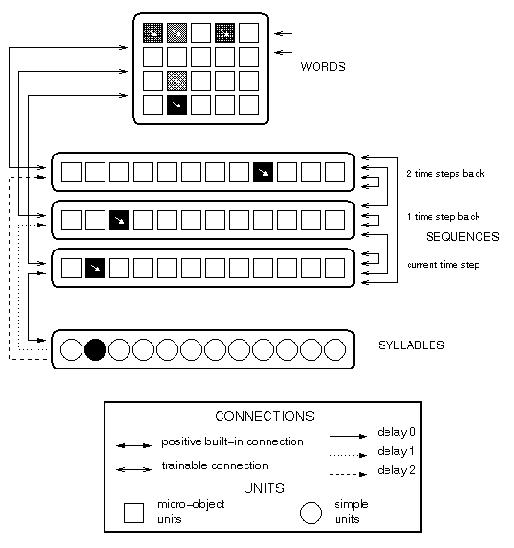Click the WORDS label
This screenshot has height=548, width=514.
click(323, 67)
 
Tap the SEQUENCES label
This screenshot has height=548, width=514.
click(462, 237)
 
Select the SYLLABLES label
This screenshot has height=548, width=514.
click(411, 345)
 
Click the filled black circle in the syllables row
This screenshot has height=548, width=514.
click(95, 349)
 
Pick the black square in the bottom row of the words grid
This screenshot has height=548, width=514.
click(176, 105)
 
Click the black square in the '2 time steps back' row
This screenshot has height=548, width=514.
click(264, 173)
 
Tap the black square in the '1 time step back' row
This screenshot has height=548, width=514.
click(120, 220)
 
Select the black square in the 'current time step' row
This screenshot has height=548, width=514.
click(95, 268)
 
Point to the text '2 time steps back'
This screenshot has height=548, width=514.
click(445, 174)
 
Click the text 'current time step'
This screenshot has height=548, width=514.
click(443, 265)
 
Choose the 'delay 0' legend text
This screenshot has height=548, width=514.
click(396, 432)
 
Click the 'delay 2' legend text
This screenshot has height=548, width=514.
click(396, 470)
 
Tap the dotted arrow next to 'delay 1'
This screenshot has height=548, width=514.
click(348, 455)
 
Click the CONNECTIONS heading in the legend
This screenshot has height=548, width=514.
click(265, 417)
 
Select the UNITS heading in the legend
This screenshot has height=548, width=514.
click(264, 488)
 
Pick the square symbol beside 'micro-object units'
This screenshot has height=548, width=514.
click(133, 512)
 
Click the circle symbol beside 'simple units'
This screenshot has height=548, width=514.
click(311, 513)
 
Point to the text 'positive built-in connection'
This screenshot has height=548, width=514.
click(232, 441)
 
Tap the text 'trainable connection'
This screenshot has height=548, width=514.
click(215, 465)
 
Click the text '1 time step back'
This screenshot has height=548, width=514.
click(443, 217)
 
